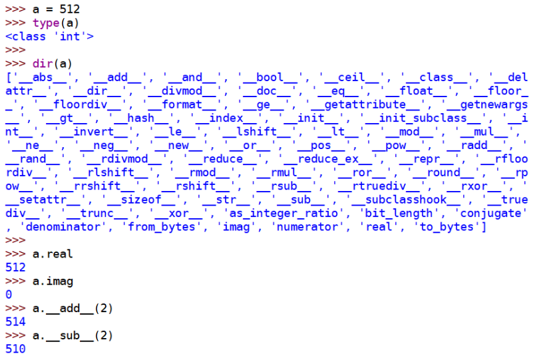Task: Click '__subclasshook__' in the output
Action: (x=402, y=200)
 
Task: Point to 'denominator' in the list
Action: (x=59, y=227)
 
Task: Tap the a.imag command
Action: (x=53, y=281)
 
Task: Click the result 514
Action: (x=15, y=321)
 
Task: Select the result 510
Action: (x=15, y=349)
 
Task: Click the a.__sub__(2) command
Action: (x=73, y=335)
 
